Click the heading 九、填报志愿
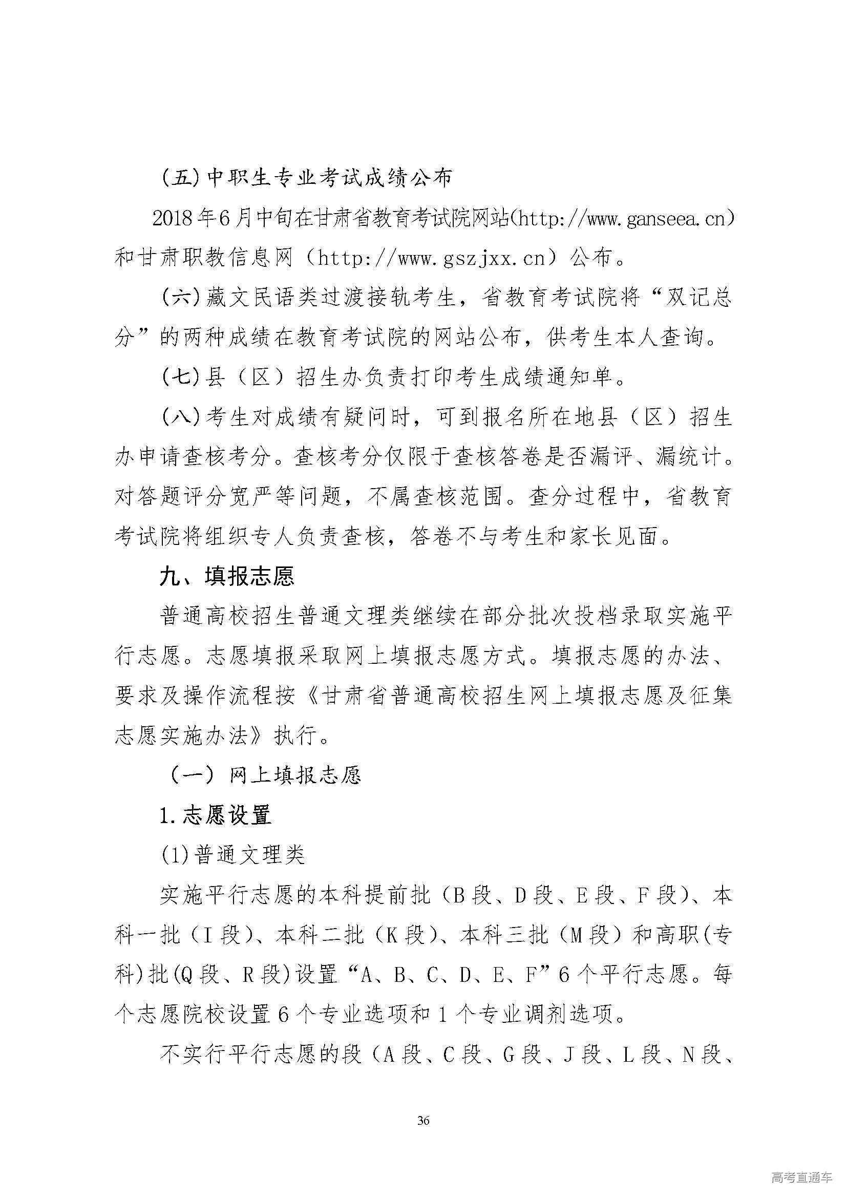point(227,577)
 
